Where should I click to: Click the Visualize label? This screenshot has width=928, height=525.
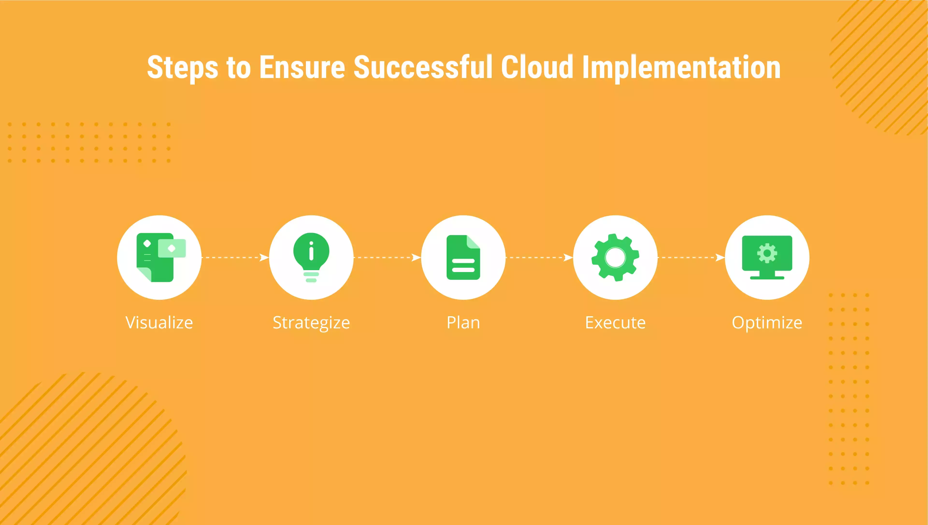[x=159, y=322]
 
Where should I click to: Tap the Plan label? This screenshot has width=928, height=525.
[x=463, y=322]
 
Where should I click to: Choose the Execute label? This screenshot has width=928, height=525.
[x=615, y=322]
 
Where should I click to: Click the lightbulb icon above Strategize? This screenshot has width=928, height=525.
[x=311, y=257]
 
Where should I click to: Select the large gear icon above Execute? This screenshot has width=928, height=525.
[x=615, y=258]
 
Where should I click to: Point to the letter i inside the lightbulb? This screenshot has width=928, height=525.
[x=311, y=251]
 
